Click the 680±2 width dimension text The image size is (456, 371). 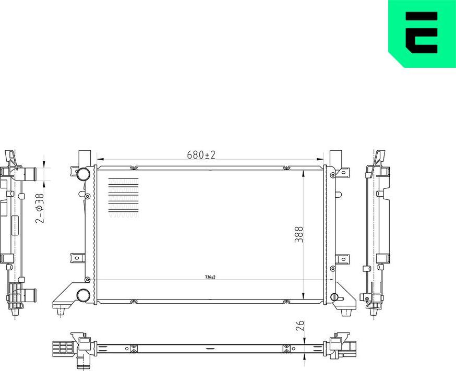pyautogui.click(x=201, y=155)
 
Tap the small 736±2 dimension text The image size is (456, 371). pyautogui.click(x=210, y=277)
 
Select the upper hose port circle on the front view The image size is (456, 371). pyautogui.click(x=82, y=174)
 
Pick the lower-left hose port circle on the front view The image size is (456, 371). pyautogui.click(x=82, y=295)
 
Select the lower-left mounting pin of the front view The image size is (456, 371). pyautogui.click(x=62, y=312)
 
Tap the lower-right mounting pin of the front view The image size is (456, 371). pyautogui.click(x=345, y=312)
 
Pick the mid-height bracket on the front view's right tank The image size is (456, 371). pyautogui.click(x=342, y=258)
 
